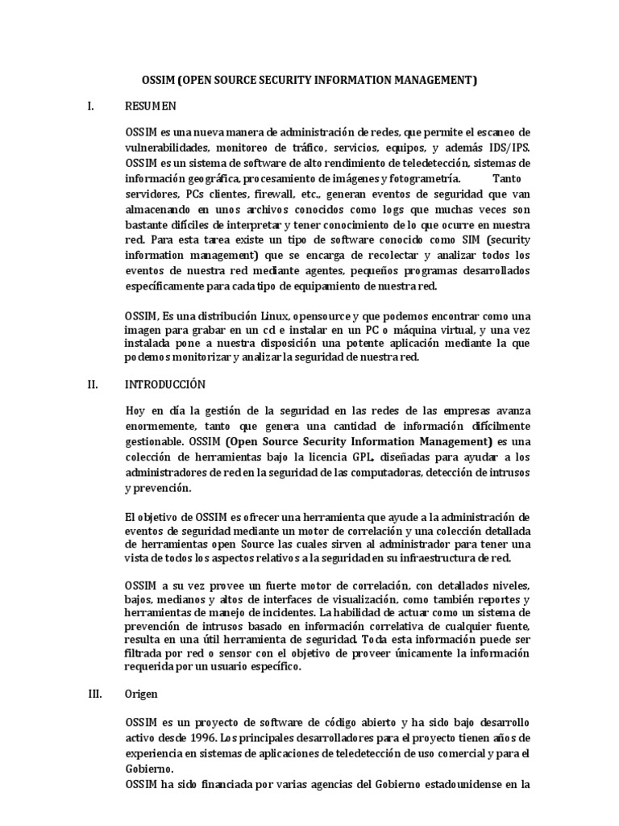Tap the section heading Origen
point(142,694)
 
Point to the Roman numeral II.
point(92,385)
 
